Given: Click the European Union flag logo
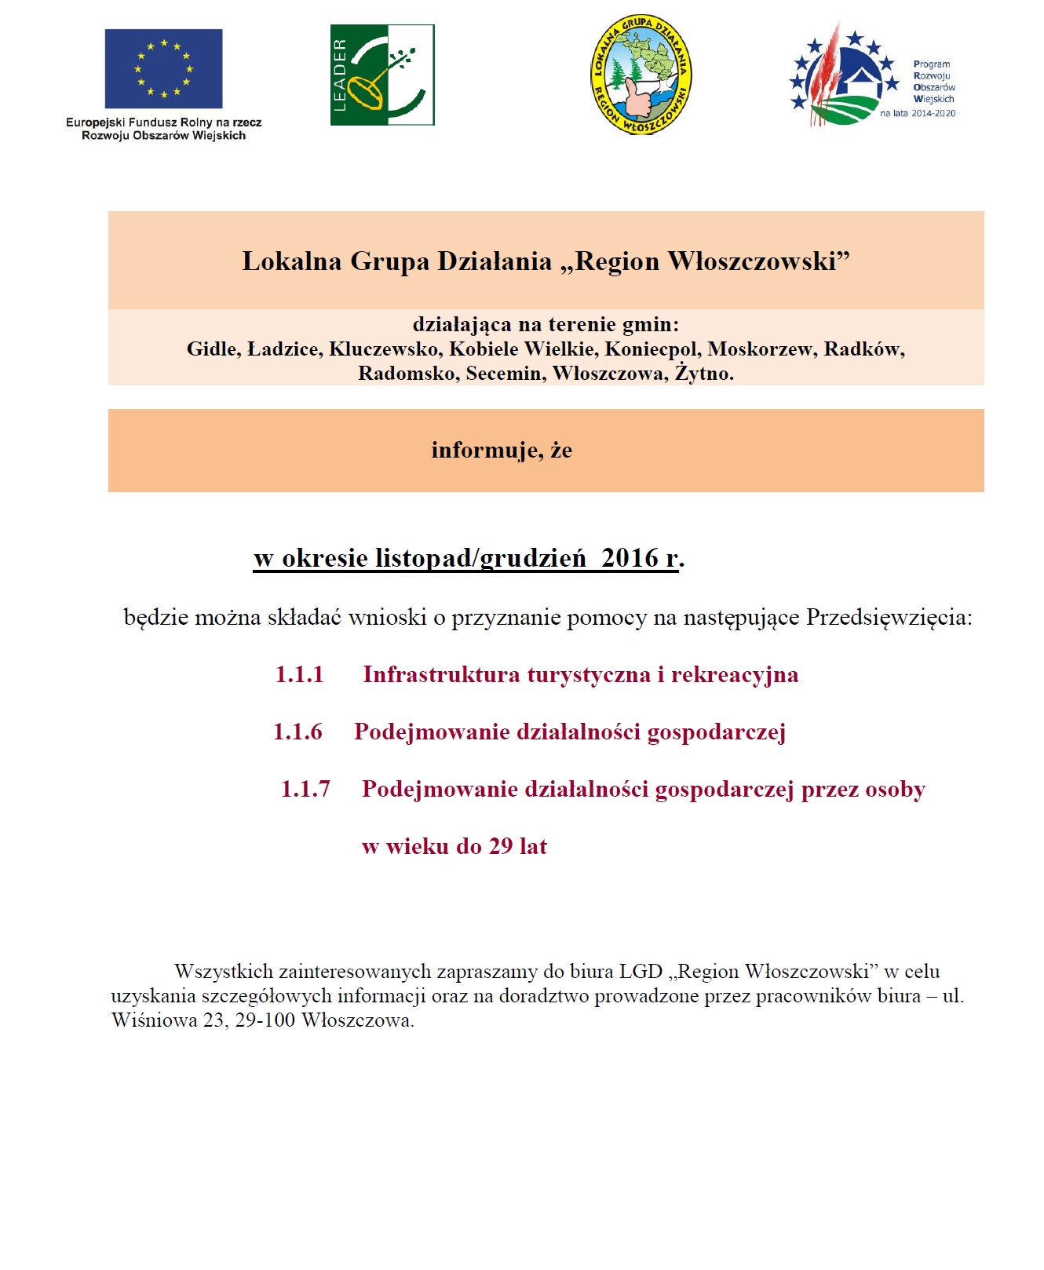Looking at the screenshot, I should click(163, 69).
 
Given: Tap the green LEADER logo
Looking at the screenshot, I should click(382, 75).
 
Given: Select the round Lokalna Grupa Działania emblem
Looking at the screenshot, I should click(641, 75).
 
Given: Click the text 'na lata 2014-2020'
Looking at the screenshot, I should click(918, 114).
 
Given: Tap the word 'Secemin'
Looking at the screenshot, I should click(506, 374).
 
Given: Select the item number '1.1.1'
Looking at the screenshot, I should click(299, 675).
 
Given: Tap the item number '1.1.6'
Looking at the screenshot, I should click(298, 732).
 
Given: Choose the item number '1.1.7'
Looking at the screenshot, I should click(305, 790).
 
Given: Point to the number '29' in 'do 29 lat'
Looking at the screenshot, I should click(501, 847).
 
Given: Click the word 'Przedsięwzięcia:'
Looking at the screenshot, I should click(889, 618).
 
